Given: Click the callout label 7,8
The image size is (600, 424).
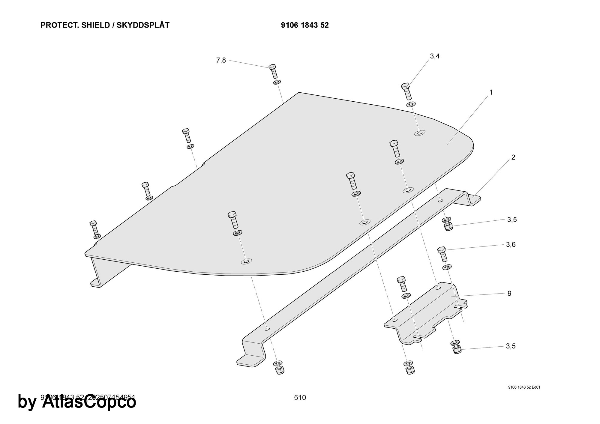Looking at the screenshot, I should point(221,60).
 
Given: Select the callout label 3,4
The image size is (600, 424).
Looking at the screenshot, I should point(435,56).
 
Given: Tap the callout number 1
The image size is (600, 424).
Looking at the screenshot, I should point(491,92).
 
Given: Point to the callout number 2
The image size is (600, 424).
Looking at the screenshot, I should point(513,157).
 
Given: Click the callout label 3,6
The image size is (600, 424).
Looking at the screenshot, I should point(511,245).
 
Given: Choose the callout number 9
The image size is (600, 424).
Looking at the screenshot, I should point(509,294).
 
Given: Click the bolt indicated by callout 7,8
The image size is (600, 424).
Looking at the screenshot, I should point(273,71).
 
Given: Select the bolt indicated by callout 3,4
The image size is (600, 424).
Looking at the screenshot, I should point(406,91).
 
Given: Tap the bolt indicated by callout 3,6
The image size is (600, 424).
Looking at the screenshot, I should point(442,254).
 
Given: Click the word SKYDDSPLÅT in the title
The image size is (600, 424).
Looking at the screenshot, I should point(143,25).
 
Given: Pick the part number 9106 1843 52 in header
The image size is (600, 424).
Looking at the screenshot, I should point(305,25).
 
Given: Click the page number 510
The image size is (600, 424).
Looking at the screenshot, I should point(300,398).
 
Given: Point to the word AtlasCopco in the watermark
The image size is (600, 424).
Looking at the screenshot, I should point(89,402).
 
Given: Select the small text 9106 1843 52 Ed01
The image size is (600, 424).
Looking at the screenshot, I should point(524,387).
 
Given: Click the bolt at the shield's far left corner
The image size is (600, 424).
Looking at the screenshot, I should point(94,228).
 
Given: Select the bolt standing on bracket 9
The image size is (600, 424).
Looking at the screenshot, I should point(402,284).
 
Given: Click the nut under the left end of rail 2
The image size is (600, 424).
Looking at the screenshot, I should point(279,370).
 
